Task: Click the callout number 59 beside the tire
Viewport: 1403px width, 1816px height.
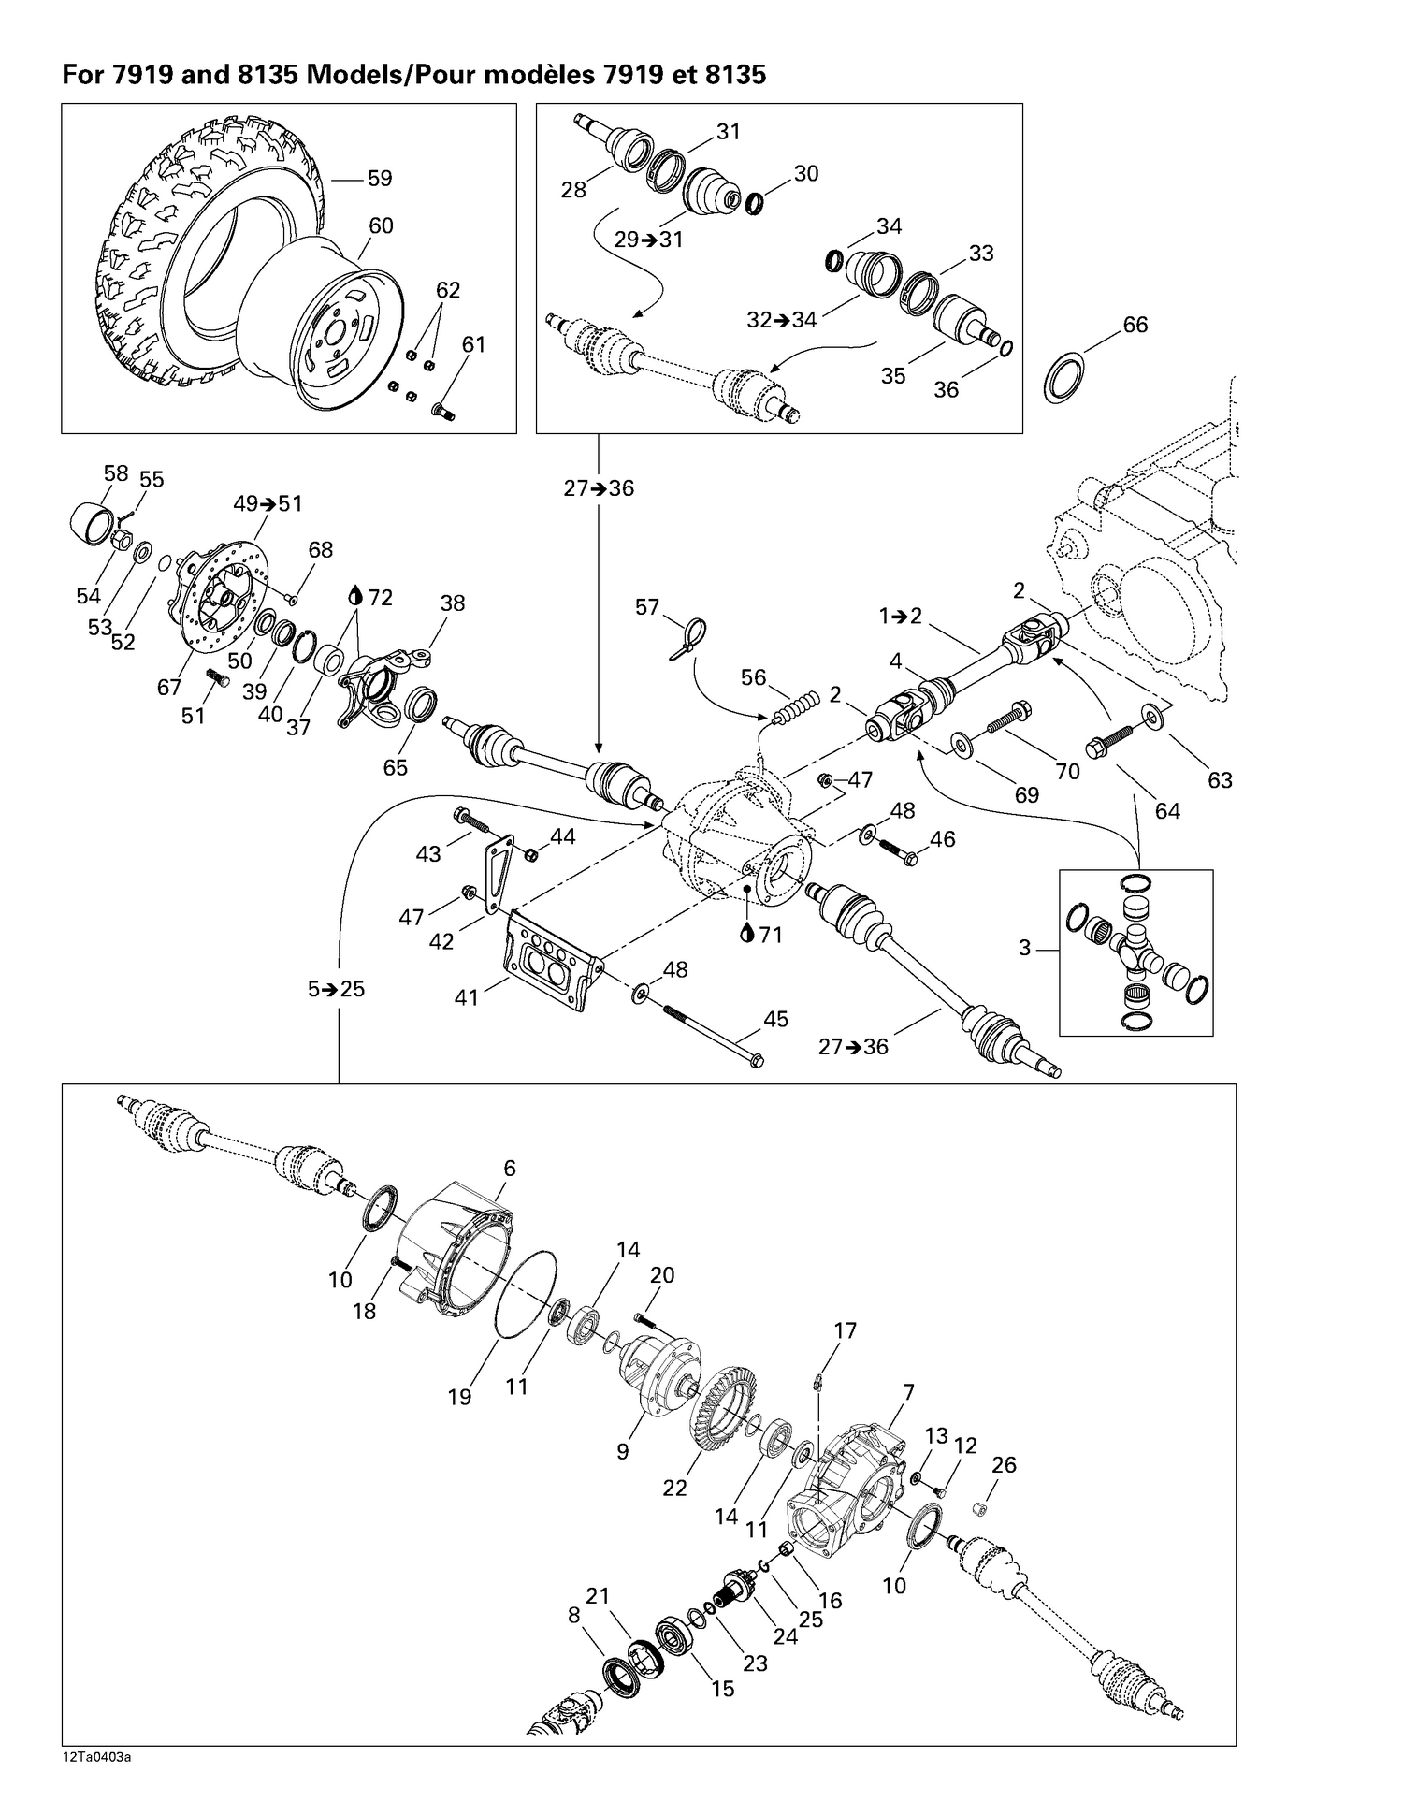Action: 379,178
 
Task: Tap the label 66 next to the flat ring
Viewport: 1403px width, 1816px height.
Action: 1135,325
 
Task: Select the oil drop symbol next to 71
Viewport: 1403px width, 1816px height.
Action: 747,934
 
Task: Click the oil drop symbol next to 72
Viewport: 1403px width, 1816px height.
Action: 356,596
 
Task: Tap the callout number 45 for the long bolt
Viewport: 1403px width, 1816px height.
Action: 775,1018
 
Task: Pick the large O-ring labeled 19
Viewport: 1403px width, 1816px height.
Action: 524,1299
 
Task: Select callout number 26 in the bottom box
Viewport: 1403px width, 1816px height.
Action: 1004,1464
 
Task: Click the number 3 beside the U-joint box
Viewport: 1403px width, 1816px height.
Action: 1024,948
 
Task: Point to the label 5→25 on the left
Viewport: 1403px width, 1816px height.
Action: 336,989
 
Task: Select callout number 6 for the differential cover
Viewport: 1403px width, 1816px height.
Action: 510,1168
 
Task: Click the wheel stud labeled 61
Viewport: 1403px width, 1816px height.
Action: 443,410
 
